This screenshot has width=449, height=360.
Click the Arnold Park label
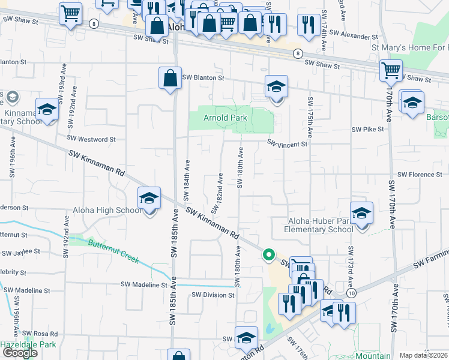pyautogui.click(x=225, y=118)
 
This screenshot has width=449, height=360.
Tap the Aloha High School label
pyautogui.click(x=107, y=210)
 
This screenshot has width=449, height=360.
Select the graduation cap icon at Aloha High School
pyautogui.click(x=149, y=199)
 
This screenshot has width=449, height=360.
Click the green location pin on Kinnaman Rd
pyautogui.click(x=268, y=256)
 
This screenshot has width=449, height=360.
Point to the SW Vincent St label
pyautogui.click(x=287, y=144)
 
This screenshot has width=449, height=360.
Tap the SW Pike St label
pyautogui.click(x=367, y=129)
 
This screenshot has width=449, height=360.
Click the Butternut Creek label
pyautogui.click(x=113, y=252)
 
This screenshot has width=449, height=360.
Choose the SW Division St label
pyautogui.click(x=213, y=295)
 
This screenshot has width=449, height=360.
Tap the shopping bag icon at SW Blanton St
pyautogui.click(x=170, y=78)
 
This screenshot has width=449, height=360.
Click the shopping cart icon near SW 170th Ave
pyautogui.click(x=391, y=71)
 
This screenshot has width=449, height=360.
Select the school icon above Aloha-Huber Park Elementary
pyautogui.click(x=361, y=213)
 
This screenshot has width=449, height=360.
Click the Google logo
pyautogui.click(x=20, y=353)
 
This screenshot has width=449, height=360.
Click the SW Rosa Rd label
pyautogui.click(x=39, y=334)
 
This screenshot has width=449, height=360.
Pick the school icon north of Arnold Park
pyautogui.click(x=276, y=87)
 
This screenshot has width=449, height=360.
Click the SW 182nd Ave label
pyautogui.click(x=220, y=188)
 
